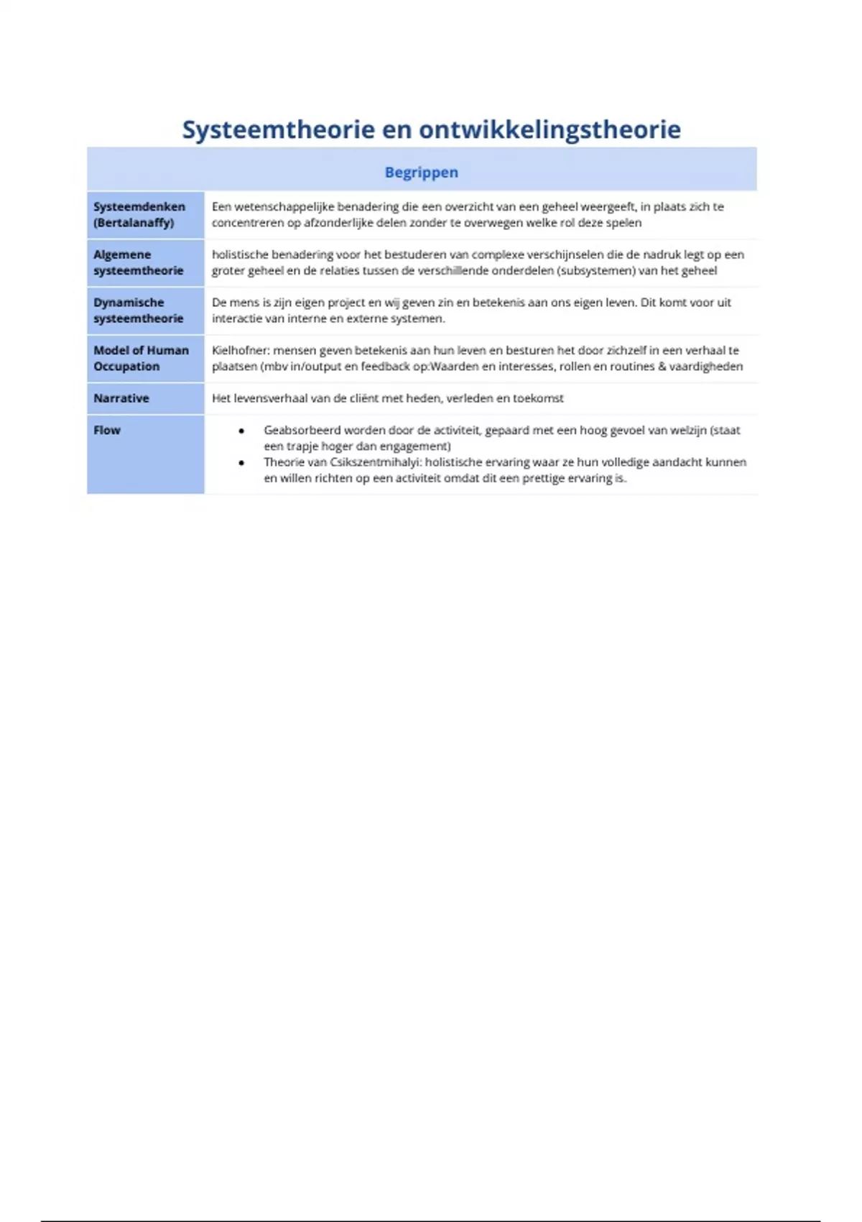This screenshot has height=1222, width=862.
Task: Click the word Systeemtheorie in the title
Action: pyautogui.click(x=278, y=129)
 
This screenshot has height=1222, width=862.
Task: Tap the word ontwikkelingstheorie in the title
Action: pyautogui.click(x=550, y=129)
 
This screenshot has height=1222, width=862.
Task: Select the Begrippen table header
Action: pyautogui.click(x=421, y=172)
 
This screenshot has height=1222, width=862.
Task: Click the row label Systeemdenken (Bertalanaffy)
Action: pyautogui.click(x=139, y=214)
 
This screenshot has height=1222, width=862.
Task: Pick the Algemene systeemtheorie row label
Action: pyautogui.click(x=138, y=262)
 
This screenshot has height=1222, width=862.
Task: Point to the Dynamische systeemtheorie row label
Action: pyautogui.click(x=138, y=310)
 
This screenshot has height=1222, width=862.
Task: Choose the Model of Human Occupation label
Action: pyautogui.click(x=141, y=358)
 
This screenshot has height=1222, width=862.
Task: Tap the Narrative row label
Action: pyautogui.click(x=121, y=398)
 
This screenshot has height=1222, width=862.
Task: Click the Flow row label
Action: pyautogui.click(x=107, y=430)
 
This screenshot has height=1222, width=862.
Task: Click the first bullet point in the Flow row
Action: pyautogui.click(x=241, y=431)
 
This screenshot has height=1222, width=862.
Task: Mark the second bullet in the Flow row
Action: pyautogui.click(x=241, y=462)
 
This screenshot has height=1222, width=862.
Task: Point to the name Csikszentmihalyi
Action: pyautogui.click(x=375, y=462)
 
